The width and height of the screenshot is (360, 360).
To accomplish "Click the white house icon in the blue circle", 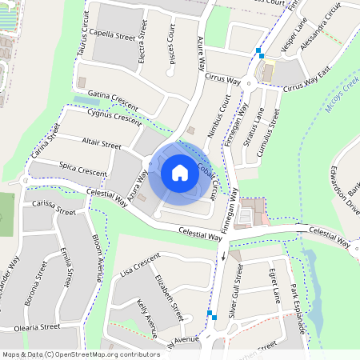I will tap(179, 172).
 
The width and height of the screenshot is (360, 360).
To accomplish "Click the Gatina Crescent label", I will tap(113, 100).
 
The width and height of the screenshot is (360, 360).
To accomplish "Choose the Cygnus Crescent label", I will tap(114, 117).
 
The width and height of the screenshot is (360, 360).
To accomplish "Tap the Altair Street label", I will tap(101, 146).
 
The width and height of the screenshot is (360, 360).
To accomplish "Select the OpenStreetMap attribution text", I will tap(80, 354).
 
